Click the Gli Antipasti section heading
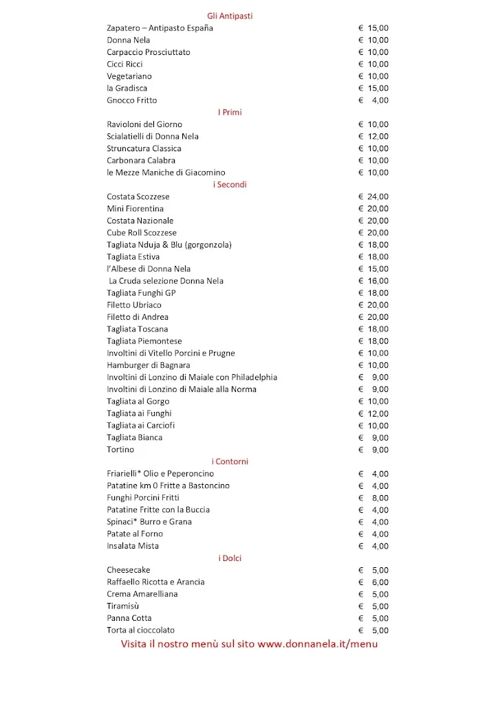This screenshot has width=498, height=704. (x=230, y=16)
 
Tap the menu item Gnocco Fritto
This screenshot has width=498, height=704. (x=132, y=100)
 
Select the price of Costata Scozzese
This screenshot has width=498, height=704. (x=373, y=197)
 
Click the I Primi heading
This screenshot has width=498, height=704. (x=230, y=112)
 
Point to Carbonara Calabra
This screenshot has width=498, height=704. (x=141, y=160)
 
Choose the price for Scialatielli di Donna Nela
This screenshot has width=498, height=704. (x=373, y=136)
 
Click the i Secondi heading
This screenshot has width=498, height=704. (x=230, y=184)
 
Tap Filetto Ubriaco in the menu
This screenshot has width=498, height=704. (x=134, y=305)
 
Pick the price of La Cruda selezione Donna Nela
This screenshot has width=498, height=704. (x=373, y=280)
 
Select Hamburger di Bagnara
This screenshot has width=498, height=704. (x=149, y=365)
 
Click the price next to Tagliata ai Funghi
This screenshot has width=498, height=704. (x=373, y=413)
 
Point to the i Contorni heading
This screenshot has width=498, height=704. (x=230, y=461)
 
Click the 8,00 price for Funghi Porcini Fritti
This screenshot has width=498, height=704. (x=373, y=498)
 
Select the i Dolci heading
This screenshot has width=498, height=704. (x=230, y=558)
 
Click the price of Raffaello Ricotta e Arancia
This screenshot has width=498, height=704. (x=373, y=582)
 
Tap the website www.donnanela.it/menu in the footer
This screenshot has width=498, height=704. (x=318, y=644)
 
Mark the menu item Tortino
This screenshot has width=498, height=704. (x=120, y=450)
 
